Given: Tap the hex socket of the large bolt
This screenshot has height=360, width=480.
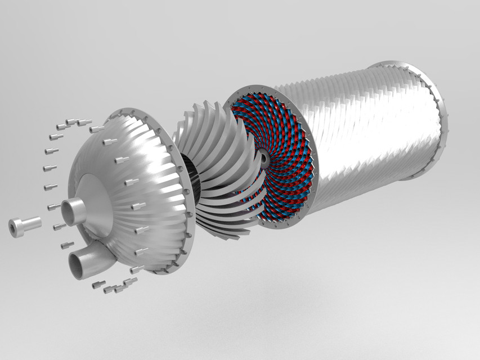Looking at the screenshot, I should (15, 228).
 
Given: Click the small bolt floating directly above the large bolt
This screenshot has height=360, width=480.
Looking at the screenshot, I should (55, 208).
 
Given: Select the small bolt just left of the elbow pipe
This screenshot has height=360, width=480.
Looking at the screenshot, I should (59, 227).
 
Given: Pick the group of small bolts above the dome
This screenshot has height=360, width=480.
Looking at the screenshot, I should (73, 123).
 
